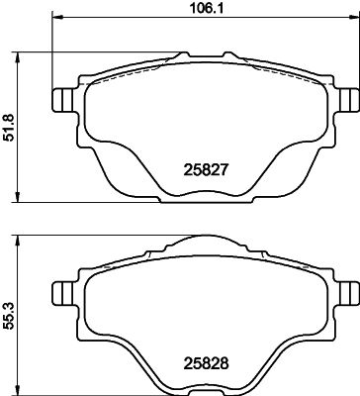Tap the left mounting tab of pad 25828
coord(60,292)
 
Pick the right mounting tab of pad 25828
coord(349,292)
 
